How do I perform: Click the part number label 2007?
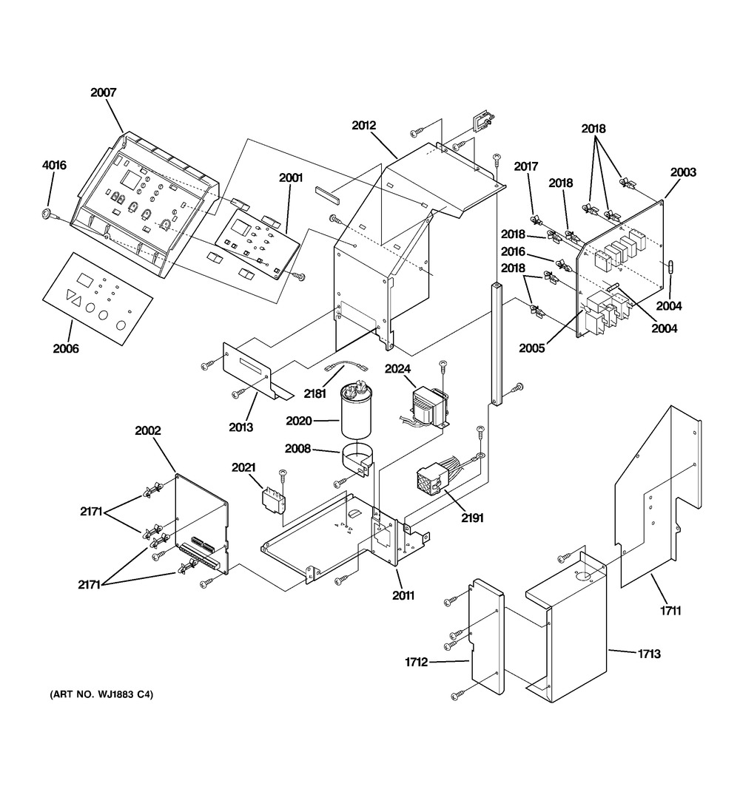[104, 93]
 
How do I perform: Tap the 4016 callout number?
[53, 166]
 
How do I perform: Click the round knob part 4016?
[47, 215]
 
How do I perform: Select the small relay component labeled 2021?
[273, 497]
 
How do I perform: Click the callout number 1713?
[648, 654]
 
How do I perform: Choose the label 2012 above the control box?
[364, 126]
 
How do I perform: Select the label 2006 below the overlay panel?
[65, 348]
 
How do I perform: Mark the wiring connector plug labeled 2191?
[431, 478]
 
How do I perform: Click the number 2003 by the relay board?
[683, 172]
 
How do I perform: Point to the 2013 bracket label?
[240, 427]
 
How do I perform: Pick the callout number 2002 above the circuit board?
[147, 430]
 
